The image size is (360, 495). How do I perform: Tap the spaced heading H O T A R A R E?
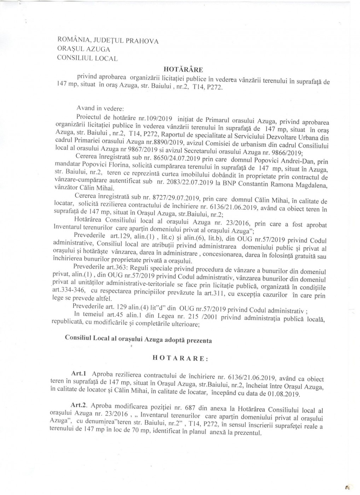(180, 357)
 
